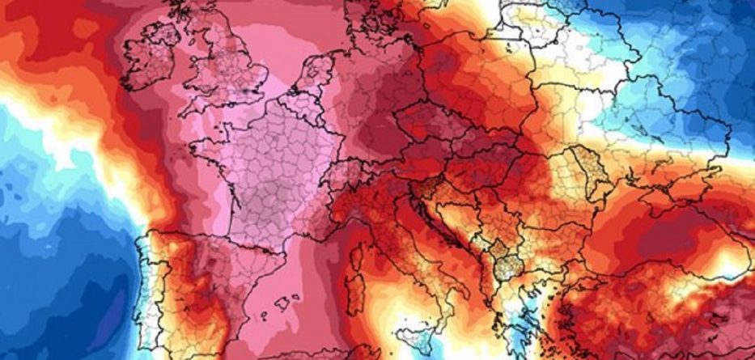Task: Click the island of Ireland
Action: click(151, 57)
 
